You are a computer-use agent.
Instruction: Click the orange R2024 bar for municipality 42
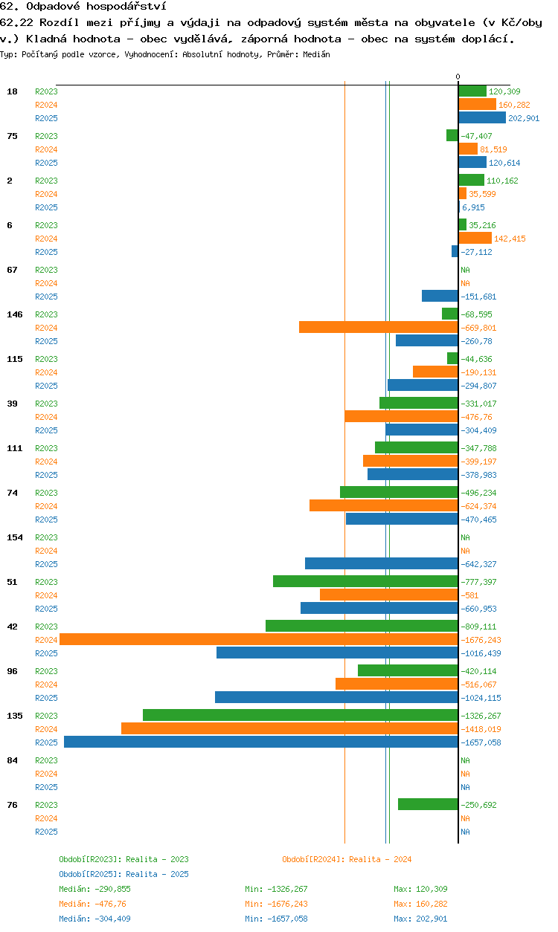click(x=259, y=639)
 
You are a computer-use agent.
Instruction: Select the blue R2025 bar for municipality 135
click(x=261, y=742)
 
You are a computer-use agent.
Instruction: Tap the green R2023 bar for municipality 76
click(x=428, y=804)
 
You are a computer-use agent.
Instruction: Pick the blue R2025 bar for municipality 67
click(x=440, y=296)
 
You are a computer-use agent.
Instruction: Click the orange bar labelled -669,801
click(x=379, y=327)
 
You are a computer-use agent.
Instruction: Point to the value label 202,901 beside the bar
click(x=524, y=118)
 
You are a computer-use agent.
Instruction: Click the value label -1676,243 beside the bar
click(x=481, y=640)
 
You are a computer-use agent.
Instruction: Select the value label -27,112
click(x=476, y=252)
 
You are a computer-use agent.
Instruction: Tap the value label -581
click(x=469, y=595)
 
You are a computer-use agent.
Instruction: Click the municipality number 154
click(x=15, y=537)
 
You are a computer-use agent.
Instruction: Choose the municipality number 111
click(x=15, y=448)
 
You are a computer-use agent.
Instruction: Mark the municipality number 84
click(x=12, y=760)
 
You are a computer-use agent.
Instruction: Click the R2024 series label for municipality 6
click(x=46, y=239)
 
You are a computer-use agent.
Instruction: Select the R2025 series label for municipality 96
click(x=46, y=698)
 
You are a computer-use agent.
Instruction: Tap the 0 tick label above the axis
click(x=458, y=77)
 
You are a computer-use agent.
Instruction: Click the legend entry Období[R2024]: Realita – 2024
click(x=347, y=859)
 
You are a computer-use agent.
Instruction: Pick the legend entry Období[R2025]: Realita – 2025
click(x=124, y=874)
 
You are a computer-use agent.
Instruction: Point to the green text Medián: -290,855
click(x=94, y=889)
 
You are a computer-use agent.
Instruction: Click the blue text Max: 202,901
click(x=420, y=919)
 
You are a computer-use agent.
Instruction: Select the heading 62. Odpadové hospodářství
click(x=83, y=6)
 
